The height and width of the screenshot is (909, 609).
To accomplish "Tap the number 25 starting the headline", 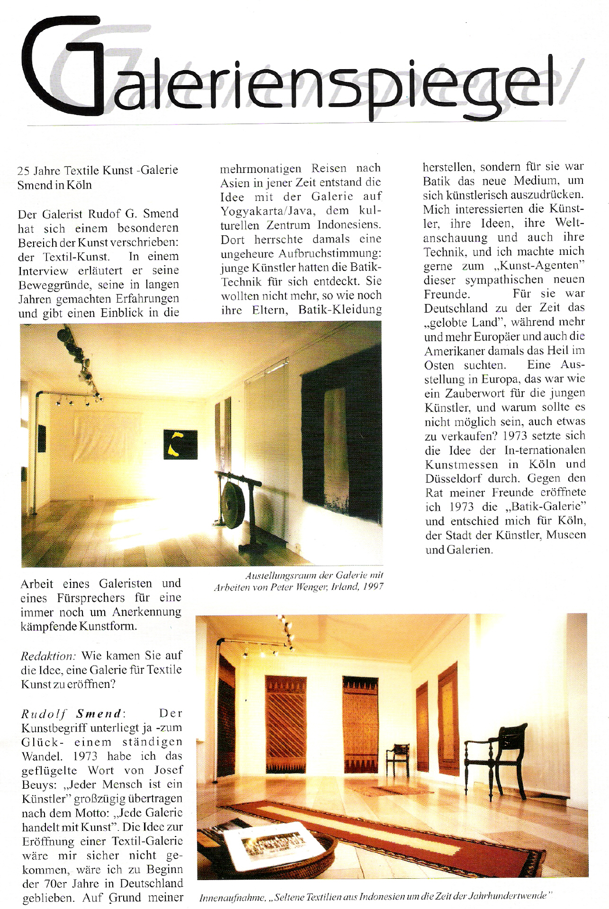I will (23, 171).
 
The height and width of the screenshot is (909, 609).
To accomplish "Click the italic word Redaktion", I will (48, 656).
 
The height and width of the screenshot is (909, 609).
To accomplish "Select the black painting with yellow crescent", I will (180, 444).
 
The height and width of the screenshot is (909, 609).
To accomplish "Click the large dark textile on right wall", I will (341, 436).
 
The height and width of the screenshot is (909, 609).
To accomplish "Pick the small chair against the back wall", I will (397, 757).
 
